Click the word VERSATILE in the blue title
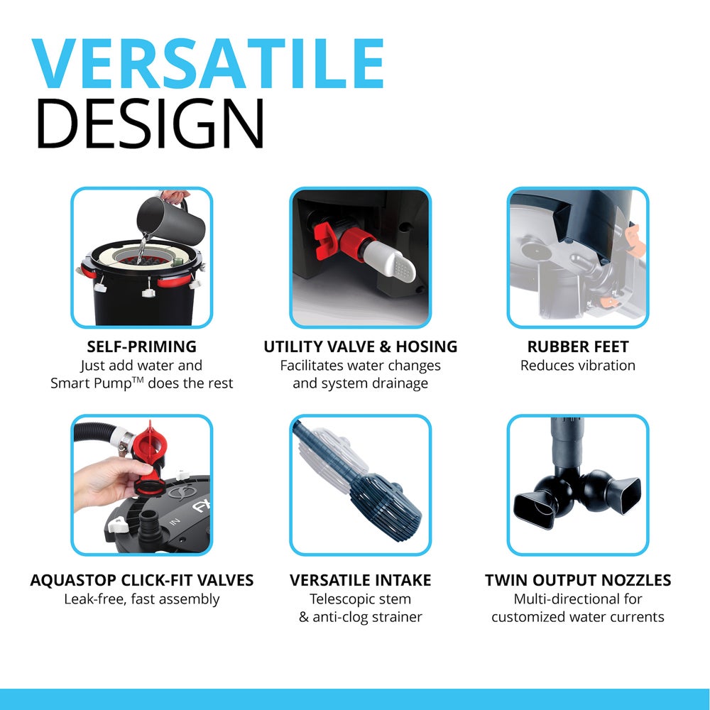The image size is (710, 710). click(207, 65)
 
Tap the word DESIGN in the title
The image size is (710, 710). click(150, 125)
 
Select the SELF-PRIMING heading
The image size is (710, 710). click(141, 346)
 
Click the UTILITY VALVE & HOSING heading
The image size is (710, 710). click(360, 346)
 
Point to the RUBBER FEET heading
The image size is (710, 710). click(577, 346)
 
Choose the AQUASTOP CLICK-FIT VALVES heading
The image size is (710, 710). click(141, 580)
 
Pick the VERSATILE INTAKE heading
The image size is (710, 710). click(360, 580)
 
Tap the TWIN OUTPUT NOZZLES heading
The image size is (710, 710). click(577, 580)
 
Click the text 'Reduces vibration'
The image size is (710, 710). click(577, 366)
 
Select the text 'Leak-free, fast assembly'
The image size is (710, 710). click(141, 599)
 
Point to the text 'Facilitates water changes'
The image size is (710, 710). click(360, 366)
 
